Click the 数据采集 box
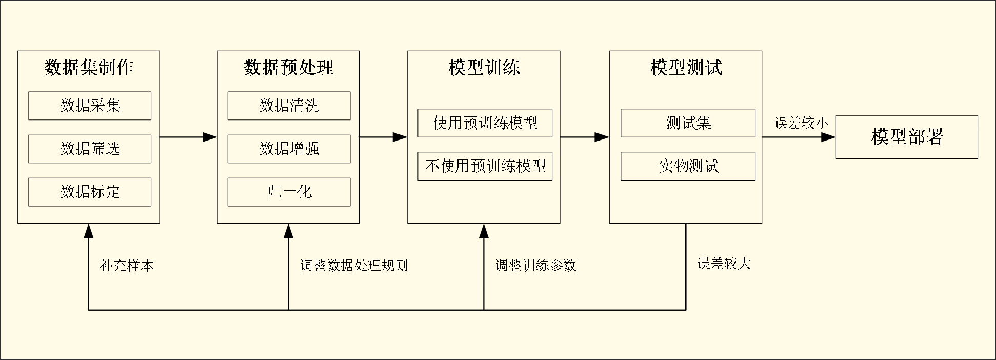[x=90, y=106]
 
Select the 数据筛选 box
[x=90, y=149]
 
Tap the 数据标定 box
[x=90, y=192]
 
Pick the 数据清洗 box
[x=289, y=106]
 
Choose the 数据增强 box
[x=289, y=149]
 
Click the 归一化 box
[x=289, y=192]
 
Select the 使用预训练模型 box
[x=485, y=123]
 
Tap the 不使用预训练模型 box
[x=485, y=166]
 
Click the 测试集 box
[x=688, y=123]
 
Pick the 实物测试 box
[x=688, y=166]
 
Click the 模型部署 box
[x=907, y=137]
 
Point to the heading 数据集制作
[x=89, y=68]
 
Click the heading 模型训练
[x=484, y=68]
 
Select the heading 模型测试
[x=686, y=68]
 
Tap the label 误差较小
[x=801, y=123]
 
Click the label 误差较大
[x=724, y=264]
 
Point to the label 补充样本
[x=127, y=265]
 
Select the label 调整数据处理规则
[x=354, y=265]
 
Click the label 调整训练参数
[x=535, y=265]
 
